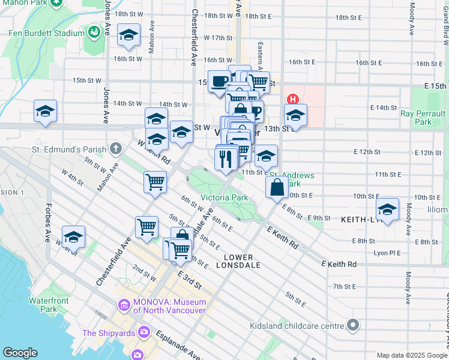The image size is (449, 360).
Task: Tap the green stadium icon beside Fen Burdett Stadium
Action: [94, 31]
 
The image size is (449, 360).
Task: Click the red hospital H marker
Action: [293, 99]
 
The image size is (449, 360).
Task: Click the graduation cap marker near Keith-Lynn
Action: [387, 210]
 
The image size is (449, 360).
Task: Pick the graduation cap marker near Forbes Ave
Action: [74, 236]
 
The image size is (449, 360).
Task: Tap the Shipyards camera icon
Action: [143, 332]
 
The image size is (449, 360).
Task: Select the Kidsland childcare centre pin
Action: [353, 326]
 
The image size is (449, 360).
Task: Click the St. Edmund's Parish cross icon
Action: [115, 148]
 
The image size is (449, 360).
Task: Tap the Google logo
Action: [20, 353]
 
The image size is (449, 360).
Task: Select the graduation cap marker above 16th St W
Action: [128, 35]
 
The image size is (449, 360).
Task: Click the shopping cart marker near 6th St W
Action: [155, 181]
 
